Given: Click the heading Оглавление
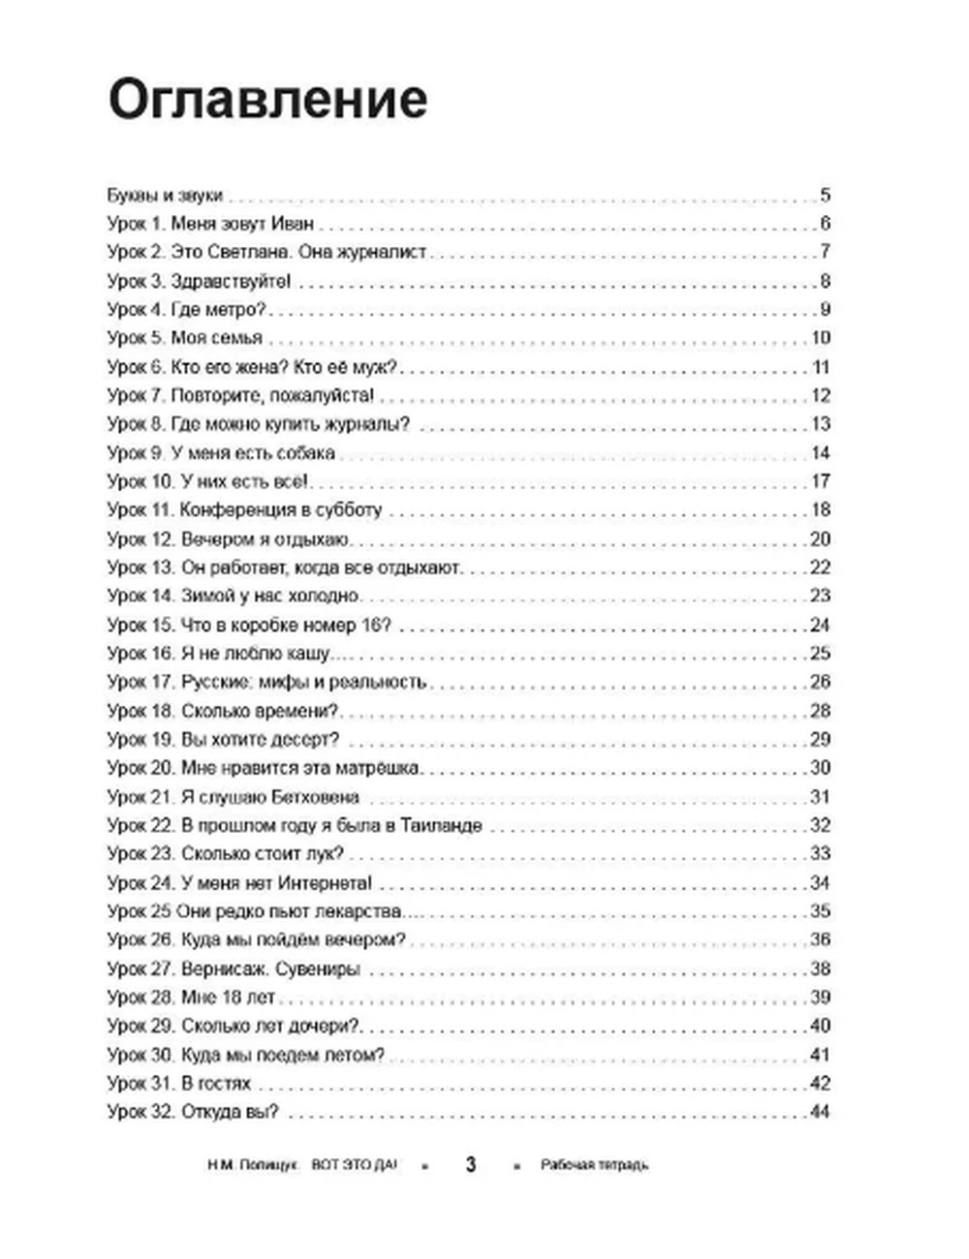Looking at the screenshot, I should pyautogui.click(x=267, y=99).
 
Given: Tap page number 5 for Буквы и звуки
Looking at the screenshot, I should pyautogui.click(x=825, y=195).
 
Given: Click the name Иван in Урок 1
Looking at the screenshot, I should pyautogui.click(x=294, y=224).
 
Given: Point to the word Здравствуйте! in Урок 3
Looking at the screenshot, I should pyautogui.click(x=231, y=282).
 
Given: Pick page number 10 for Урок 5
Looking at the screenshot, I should pyautogui.click(x=820, y=338).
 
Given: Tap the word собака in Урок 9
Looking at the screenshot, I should pyautogui.click(x=305, y=452).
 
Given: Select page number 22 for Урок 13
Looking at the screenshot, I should pyautogui.click(x=820, y=568).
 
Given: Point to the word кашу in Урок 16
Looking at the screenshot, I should pyautogui.click(x=306, y=654).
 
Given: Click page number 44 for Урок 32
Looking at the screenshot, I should pyautogui.click(x=820, y=1112).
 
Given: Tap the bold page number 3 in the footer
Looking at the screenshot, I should pyautogui.click(x=471, y=1164).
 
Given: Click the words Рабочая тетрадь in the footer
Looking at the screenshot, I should pyautogui.click(x=594, y=1165).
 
